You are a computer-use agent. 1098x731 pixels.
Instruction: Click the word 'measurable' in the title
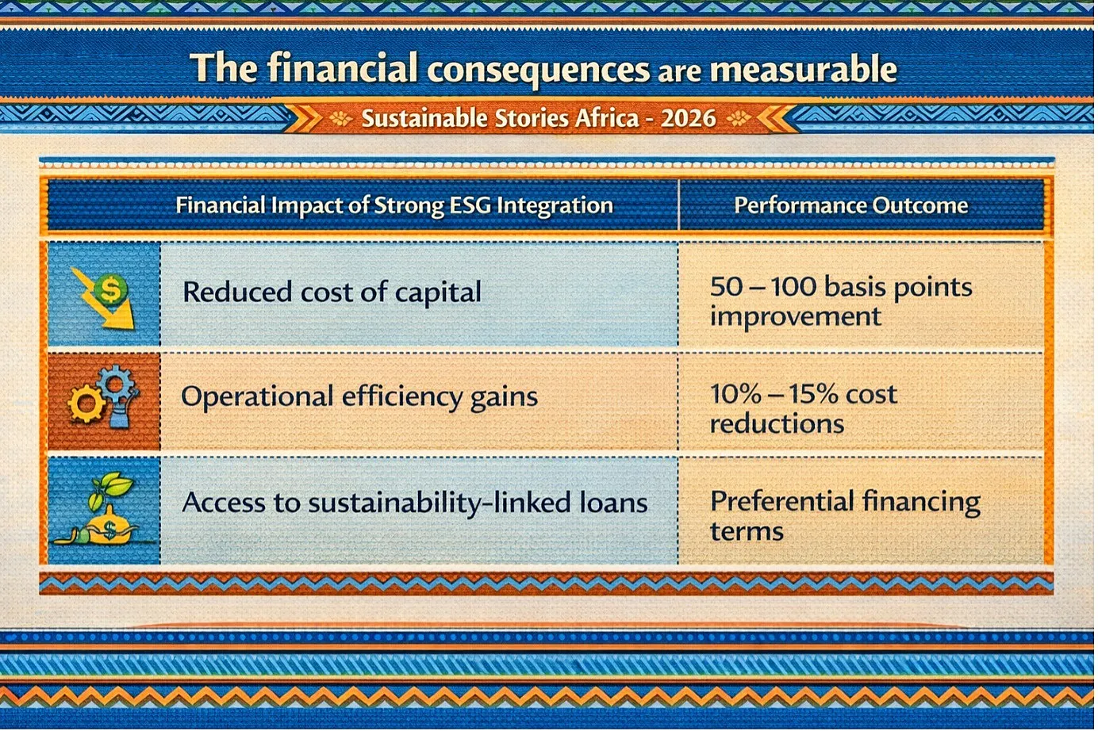point(803,69)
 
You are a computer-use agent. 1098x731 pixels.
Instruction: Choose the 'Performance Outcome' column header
point(851,205)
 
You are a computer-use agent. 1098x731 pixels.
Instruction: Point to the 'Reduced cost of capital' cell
point(332,293)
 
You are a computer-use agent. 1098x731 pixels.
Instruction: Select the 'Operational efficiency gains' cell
point(359,397)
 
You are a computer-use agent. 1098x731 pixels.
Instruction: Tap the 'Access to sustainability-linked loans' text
point(415,503)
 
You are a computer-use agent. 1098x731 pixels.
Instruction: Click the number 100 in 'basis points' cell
point(793,287)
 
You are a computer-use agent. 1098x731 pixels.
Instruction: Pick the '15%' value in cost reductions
point(812,394)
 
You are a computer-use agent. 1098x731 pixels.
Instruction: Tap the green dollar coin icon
point(111,290)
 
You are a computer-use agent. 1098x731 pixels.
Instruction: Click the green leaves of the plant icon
point(109,490)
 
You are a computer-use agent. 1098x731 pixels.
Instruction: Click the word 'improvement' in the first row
point(795,317)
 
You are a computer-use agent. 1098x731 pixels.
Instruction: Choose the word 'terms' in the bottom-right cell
point(747,531)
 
